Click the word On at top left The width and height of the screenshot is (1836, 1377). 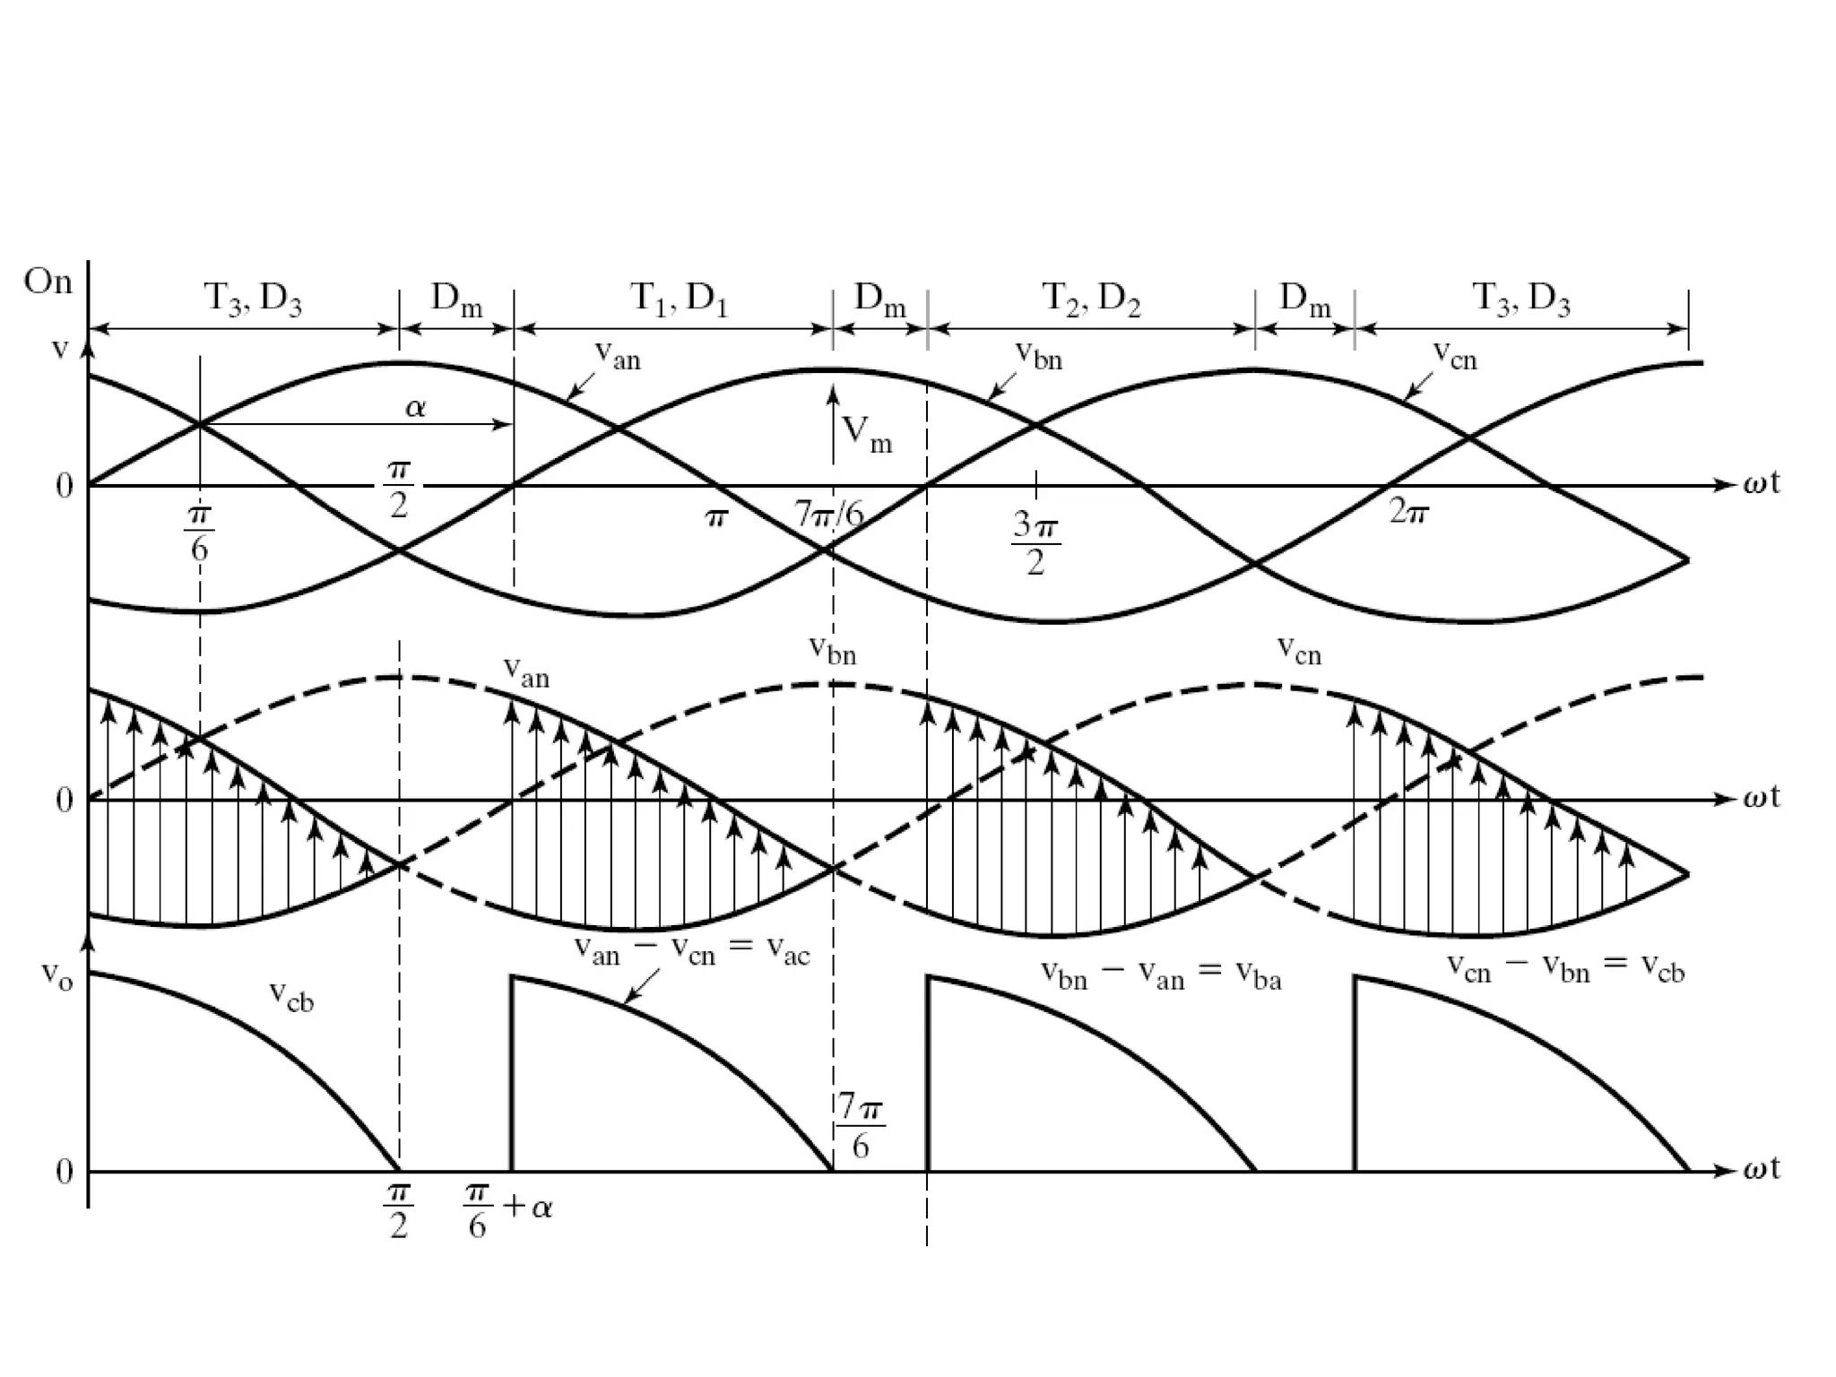coord(48,281)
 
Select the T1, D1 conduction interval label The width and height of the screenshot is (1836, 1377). coord(679,299)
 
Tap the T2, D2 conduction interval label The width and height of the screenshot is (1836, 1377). coord(1091,299)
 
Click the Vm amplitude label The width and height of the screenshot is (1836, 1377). coord(867,434)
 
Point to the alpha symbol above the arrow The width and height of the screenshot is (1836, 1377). coord(415,409)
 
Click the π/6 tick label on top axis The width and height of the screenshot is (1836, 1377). coord(199,533)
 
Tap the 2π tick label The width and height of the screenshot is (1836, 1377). coord(1407,513)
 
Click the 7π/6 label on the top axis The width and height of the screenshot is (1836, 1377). coord(829,515)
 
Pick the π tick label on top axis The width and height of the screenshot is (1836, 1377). coord(714,518)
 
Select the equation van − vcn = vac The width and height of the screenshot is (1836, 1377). coord(691,952)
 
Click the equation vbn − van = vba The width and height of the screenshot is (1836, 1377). coord(1161,974)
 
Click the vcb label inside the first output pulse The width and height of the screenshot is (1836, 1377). coord(291,995)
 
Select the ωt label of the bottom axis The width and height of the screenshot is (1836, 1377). coord(1761,1169)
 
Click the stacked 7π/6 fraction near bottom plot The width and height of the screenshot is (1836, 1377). coord(861,1127)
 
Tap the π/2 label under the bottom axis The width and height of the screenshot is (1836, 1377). coord(399,1210)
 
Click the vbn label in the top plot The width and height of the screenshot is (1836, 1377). coord(1038,356)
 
